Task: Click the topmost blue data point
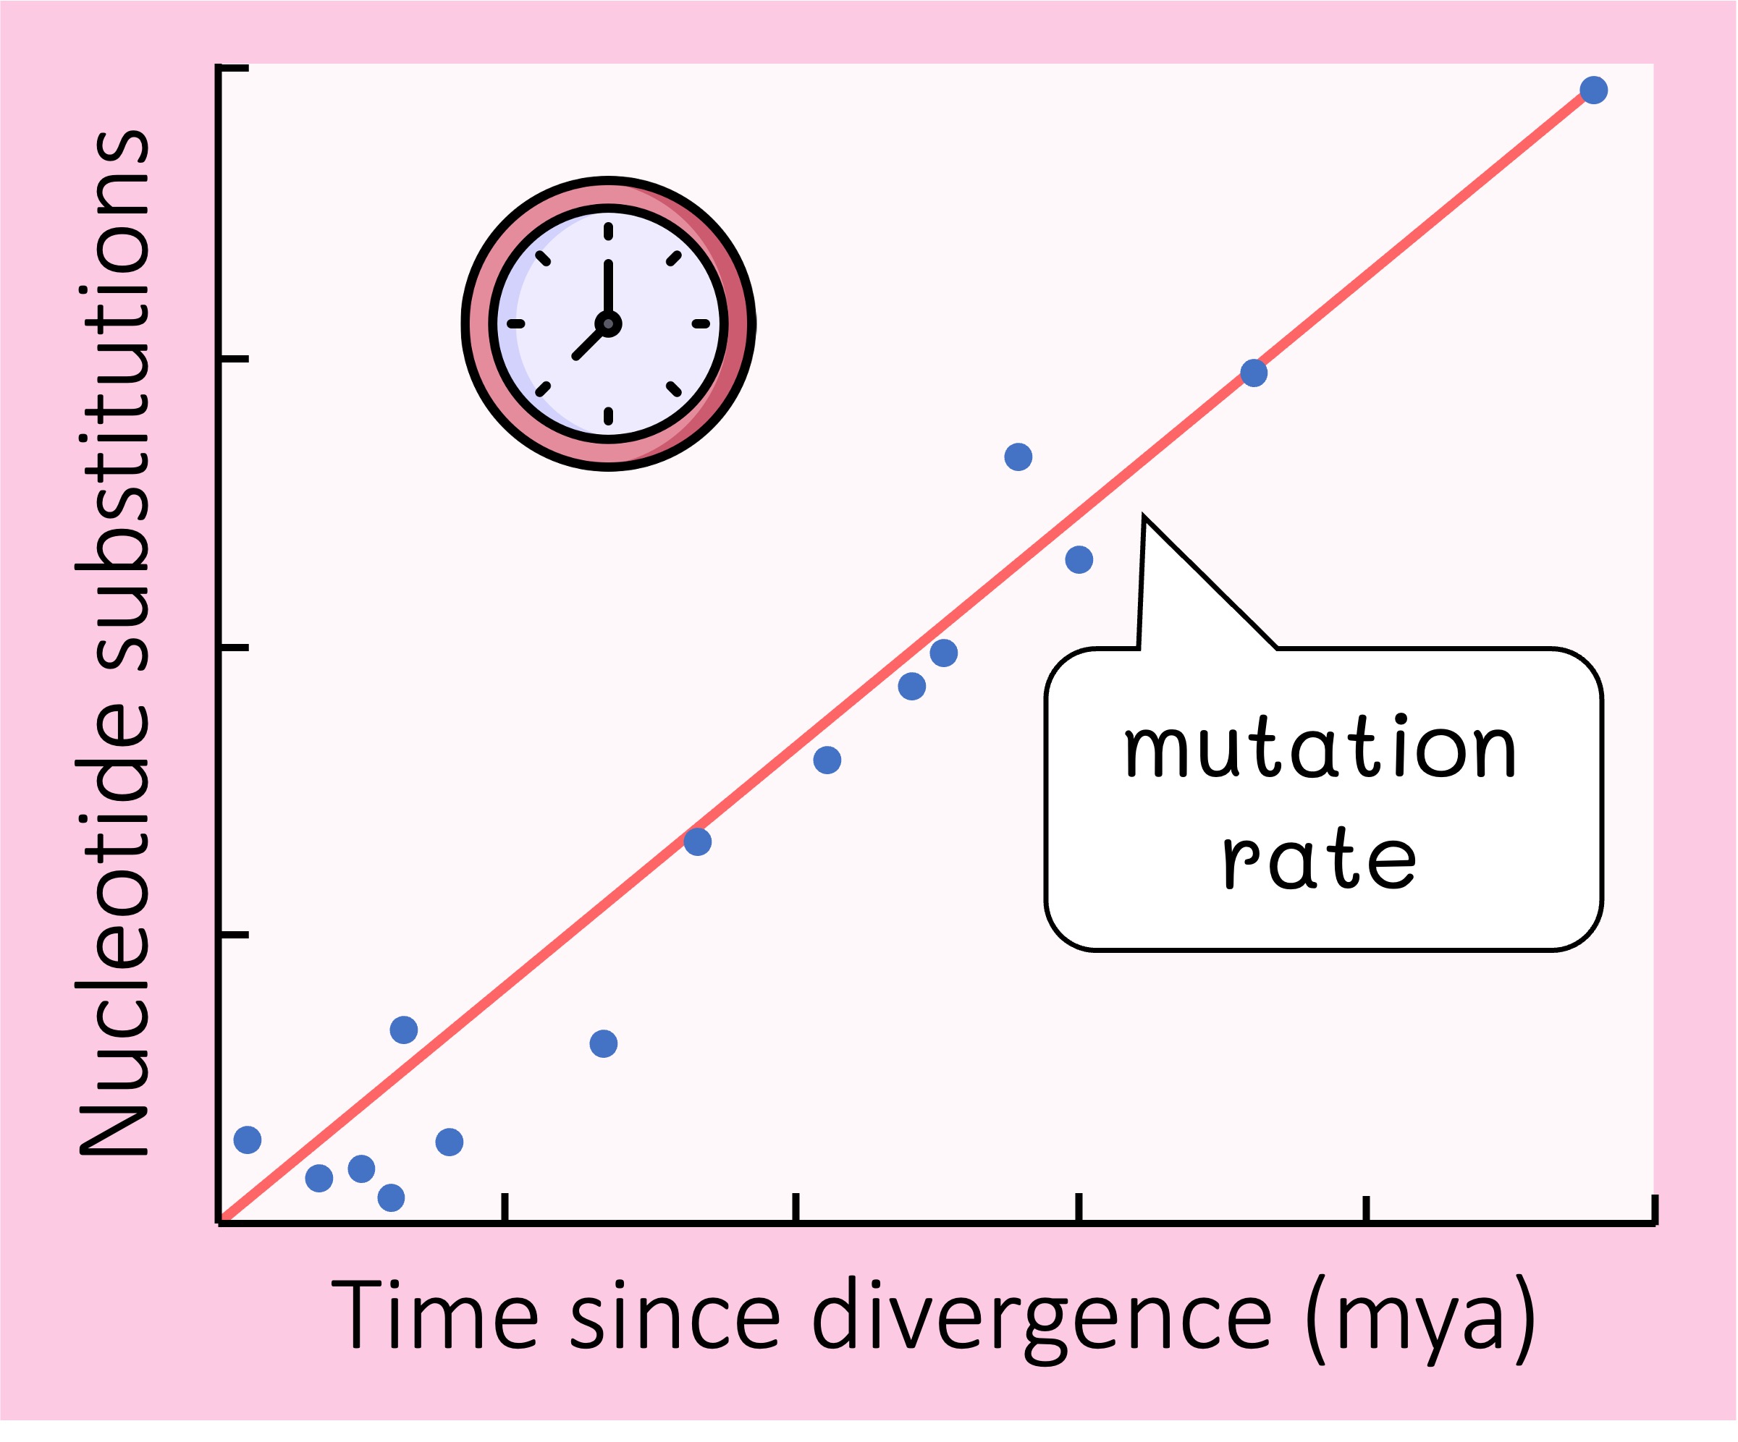[x=1594, y=89]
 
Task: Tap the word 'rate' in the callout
[x=1321, y=861]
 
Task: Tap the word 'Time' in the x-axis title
[x=434, y=1315]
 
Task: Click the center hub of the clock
[x=608, y=323]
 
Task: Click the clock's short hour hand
[x=590, y=342]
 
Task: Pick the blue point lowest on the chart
[x=391, y=1197]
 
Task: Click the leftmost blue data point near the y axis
[x=248, y=1140]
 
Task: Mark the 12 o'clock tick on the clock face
[x=608, y=231]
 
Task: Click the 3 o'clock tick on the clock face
[x=701, y=323]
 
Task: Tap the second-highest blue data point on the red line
[x=1254, y=373]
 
